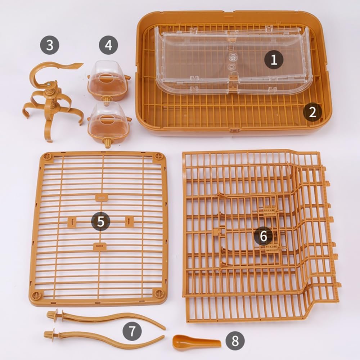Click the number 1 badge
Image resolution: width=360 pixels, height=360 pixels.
coord(274,59)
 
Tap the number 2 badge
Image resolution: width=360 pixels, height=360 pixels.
coord(312,112)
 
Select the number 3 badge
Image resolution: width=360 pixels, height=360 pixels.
coord(50,45)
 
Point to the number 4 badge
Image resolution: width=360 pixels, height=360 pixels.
coord(108,45)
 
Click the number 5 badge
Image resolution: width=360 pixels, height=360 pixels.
coord(100,221)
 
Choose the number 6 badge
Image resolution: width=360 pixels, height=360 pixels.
coord(264,235)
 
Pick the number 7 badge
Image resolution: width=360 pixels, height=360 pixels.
coord(132,331)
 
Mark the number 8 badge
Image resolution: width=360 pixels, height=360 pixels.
coord(235,341)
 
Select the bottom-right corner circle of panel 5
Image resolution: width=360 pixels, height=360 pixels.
coord(159,293)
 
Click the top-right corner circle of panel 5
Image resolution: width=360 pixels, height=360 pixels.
coord(158,156)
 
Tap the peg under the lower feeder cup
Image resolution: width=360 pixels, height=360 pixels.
coord(107,144)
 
